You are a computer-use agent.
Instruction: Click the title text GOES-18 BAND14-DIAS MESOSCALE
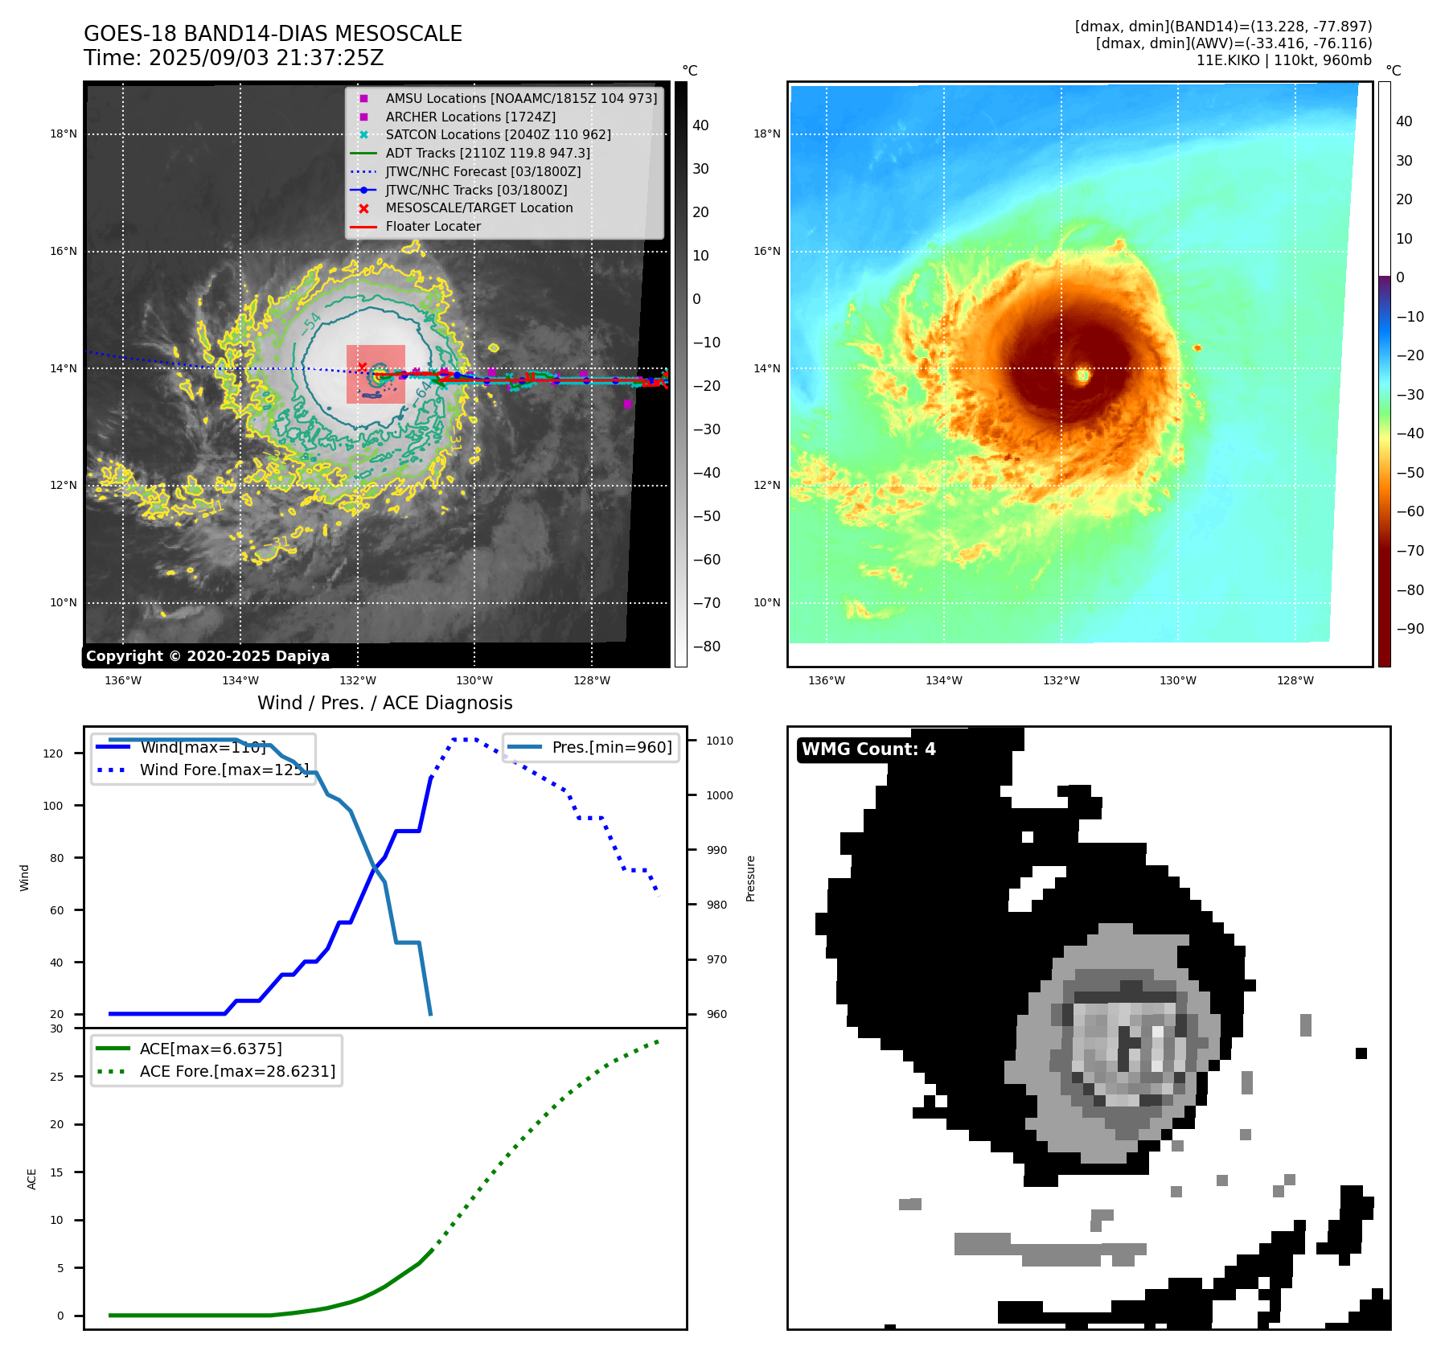[273, 34]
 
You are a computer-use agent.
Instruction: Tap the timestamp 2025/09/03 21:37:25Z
[266, 59]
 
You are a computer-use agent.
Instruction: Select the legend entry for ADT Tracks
[487, 153]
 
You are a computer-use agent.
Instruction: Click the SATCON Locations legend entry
[498, 134]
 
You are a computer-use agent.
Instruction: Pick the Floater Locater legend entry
[433, 227]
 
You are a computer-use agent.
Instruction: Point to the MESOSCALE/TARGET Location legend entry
[478, 208]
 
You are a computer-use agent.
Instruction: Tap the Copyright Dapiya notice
[207, 656]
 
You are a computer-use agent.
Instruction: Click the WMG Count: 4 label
[868, 749]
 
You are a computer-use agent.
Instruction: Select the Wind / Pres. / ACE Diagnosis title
[384, 703]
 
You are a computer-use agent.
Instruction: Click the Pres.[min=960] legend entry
[611, 747]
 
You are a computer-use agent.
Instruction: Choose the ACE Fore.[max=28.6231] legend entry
[237, 1071]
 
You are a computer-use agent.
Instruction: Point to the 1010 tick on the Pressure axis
[720, 741]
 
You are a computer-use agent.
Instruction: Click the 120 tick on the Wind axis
[53, 753]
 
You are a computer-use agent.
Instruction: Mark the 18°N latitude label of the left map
[64, 134]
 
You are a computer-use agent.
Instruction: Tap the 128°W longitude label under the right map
[1295, 680]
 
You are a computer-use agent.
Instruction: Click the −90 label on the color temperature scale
[1410, 629]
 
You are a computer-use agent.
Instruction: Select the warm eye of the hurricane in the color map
[1083, 375]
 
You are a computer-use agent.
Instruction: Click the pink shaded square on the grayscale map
[376, 375]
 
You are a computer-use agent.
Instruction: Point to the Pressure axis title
[750, 878]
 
